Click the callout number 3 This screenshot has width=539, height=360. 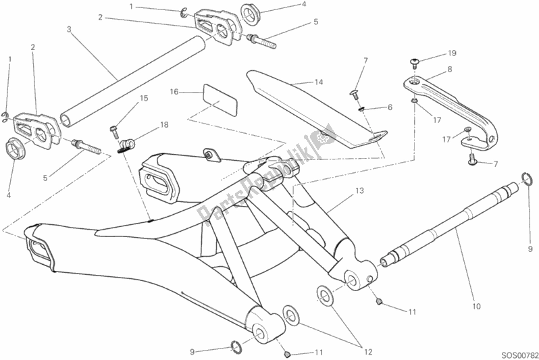pos(69,29)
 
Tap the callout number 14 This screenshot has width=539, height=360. pos(318,82)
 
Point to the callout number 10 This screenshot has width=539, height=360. pos(476,307)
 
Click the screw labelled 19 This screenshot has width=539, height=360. pos(415,63)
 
